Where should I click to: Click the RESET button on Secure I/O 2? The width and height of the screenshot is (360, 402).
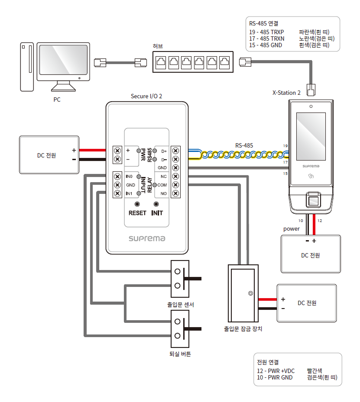[137, 204]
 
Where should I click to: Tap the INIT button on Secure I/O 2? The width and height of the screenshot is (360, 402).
[157, 204]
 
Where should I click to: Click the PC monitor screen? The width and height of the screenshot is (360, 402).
[64, 61]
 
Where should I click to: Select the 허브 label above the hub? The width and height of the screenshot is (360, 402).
[158, 46]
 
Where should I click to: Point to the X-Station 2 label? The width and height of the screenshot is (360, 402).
[286, 93]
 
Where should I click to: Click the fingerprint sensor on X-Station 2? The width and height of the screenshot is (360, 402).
[312, 200]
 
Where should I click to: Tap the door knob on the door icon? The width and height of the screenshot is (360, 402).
[250, 293]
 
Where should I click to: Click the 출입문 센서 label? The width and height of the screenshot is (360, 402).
[180, 305]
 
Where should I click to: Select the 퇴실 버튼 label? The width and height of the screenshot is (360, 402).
[180, 354]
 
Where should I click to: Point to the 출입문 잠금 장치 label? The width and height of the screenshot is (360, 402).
[243, 329]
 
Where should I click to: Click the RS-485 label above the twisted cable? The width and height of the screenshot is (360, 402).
[244, 145]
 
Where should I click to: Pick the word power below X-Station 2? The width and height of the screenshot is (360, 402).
[291, 228]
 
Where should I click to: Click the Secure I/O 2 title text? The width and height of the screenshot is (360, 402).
[146, 96]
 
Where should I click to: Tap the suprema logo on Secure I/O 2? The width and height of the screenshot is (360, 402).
[147, 238]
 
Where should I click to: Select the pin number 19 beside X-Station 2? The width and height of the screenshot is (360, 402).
[285, 146]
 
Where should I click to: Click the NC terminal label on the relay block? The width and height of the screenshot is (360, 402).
[163, 177]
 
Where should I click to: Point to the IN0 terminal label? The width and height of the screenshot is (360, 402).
[129, 177]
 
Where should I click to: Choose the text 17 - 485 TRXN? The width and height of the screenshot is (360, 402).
[266, 39]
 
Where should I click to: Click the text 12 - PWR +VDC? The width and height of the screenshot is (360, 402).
[276, 371]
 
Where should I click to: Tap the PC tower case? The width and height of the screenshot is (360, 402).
[27, 67]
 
